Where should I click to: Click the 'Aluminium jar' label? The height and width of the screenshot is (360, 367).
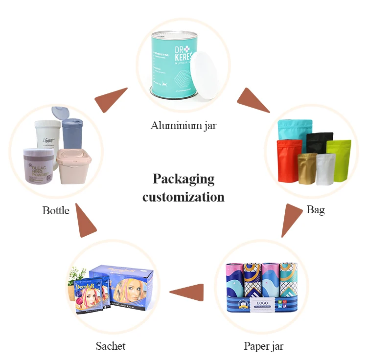pos(183,126)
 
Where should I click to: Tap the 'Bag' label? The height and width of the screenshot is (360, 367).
pos(315,210)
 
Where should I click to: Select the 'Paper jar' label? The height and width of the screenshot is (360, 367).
pos(263,346)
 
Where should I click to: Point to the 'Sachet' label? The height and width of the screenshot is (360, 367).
pos(111,346)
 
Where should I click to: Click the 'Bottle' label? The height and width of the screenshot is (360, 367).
pos(56,211)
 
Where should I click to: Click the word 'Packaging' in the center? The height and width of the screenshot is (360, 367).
pos(183,179)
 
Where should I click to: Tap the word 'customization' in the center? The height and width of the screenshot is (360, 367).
pos(183,197)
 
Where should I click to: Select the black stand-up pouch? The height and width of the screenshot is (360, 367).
pos(320,143)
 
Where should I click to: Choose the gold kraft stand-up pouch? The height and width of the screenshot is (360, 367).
pos(307,169)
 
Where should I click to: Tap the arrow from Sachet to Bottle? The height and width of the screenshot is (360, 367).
pos(86,221)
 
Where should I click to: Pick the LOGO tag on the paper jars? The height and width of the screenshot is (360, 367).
pos(263,304)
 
